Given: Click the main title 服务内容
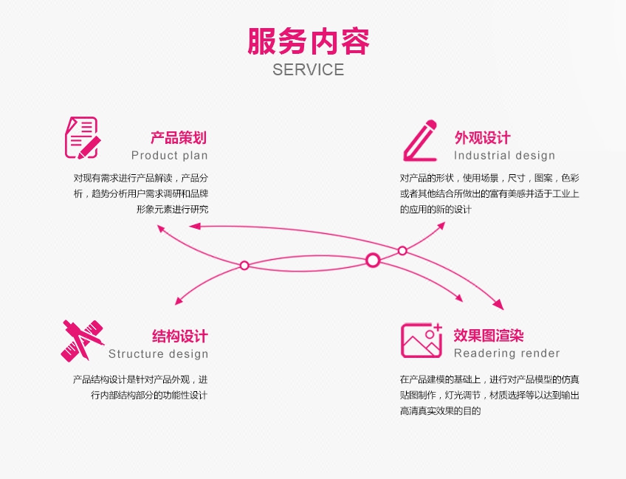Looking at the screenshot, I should point(308,41).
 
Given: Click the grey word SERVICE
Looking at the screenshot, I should point(308,70).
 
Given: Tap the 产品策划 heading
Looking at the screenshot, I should point(179,138).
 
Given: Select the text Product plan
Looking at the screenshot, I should point(170,156).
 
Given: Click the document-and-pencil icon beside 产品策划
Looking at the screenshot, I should point(82,137).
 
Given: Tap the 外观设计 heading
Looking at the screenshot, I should point(483,138).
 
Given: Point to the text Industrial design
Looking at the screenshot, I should point(504,156).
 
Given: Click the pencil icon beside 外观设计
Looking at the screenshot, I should point(420,140).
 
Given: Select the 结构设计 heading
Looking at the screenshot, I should point(180,337).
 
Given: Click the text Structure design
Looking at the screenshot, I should point(159,354).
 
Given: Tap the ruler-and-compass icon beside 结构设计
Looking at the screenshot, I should point(82,340).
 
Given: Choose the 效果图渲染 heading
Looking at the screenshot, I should point(489,336).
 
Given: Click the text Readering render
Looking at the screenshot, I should point(507,354).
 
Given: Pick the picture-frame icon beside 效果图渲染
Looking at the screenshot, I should point(422,340).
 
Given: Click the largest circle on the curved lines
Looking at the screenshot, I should point(373,260).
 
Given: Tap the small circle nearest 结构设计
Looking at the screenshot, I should point(244,265).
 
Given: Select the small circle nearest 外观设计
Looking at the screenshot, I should point(402,251).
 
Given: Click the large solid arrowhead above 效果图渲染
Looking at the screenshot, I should point(498,304).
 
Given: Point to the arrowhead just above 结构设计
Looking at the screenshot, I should point(178,301).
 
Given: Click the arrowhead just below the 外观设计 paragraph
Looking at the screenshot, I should point(441,224).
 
